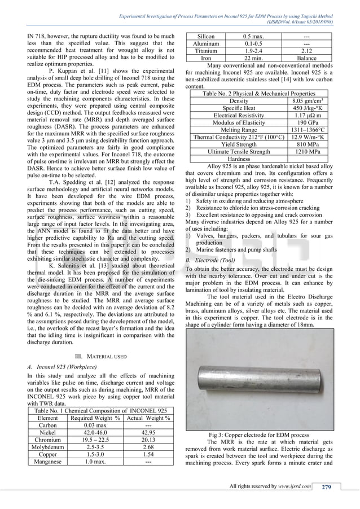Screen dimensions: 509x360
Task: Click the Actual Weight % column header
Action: pyautogui.click(x=148, y=418)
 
